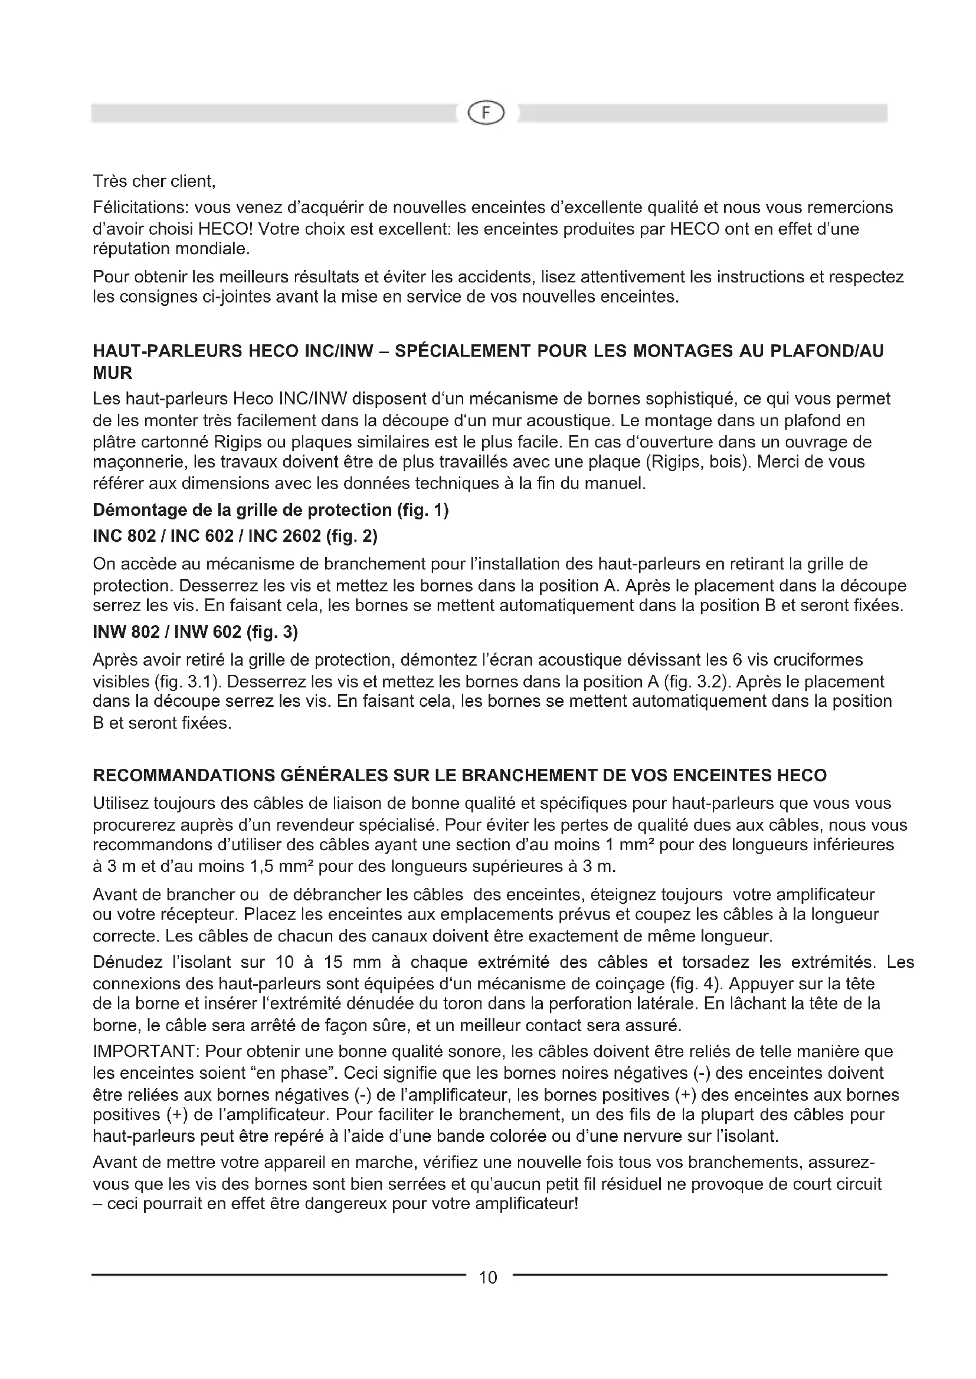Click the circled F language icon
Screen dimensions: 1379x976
[x=486, y=113]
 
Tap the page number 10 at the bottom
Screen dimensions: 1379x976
[x=488, y=1277]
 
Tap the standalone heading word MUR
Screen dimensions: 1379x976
[x=112, y=373]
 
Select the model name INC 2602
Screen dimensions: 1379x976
[x=284, y=536]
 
